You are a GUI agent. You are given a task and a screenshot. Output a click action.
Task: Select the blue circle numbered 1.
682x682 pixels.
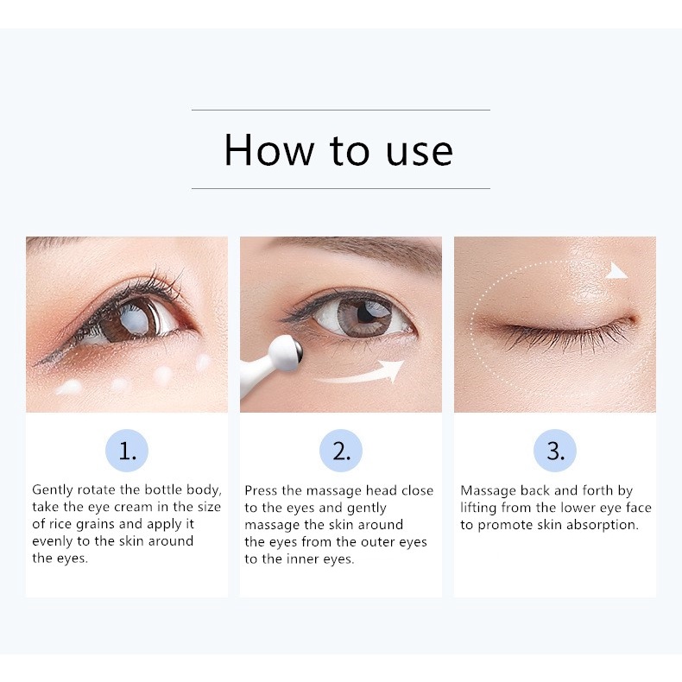[127, 452]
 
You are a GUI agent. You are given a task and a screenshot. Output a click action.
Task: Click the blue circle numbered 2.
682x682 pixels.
[341, 452]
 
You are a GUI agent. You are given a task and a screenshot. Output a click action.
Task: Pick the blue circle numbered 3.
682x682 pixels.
[555, 452]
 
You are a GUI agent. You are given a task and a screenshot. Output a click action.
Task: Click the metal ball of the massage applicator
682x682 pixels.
[290, 349]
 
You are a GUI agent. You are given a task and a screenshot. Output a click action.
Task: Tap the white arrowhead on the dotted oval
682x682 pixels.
[616, 272]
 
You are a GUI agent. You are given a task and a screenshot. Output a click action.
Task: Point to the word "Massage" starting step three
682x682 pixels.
[489, 490]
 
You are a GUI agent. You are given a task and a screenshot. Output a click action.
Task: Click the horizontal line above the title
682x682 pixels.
[340, 110]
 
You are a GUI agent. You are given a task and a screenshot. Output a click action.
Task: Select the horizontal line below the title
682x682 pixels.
[340, 188]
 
